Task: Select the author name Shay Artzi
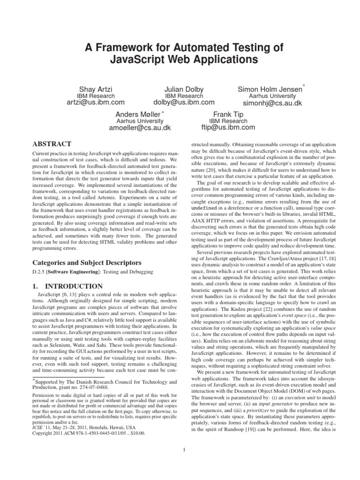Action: click(96, 88)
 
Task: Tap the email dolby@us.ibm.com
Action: click(184, 102)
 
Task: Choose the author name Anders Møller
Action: click(138, 114)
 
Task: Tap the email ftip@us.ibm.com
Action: click(228, 127)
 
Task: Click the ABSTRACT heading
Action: click(52, 144)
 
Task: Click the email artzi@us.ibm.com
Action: click(96, 102)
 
